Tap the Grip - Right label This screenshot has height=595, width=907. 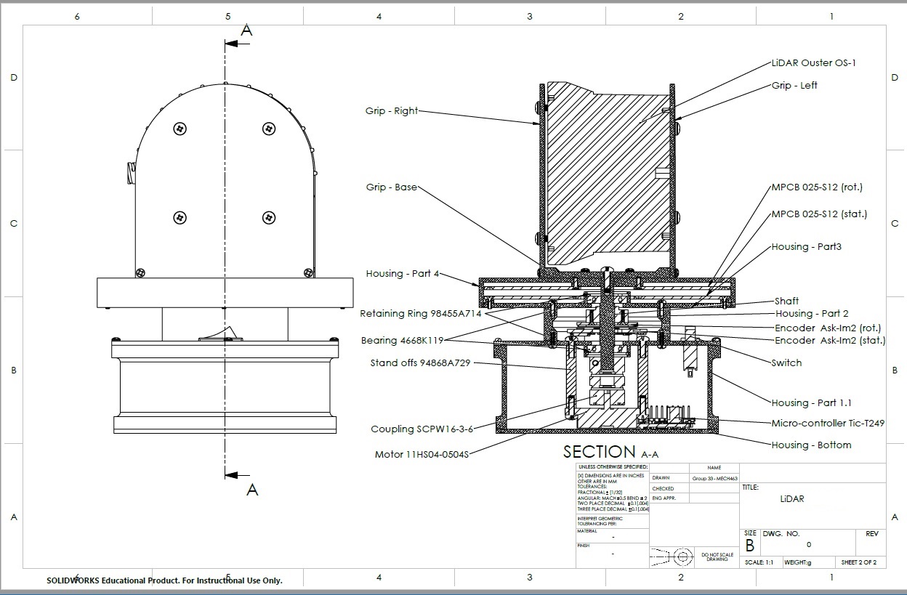(x=392, y=111)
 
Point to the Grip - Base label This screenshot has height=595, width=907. (x=391, y=187)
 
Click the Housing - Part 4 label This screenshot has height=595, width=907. (x=403, y=274)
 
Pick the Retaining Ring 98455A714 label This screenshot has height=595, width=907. (x=420, y=314)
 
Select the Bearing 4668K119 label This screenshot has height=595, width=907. (x=401, y=341)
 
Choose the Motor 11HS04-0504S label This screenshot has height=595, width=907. (x=422, y=455)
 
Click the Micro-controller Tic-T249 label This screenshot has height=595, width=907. (x=828, y=423)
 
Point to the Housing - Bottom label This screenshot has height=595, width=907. (x=811, y=445)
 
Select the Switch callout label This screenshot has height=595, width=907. (x=786, y=363)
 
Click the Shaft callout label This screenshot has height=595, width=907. (x=786, y=301)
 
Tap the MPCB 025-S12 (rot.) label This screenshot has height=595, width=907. (x=817, y=187)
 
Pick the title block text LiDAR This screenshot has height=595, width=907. (x=791, y=499)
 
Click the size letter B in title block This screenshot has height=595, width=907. (x=749, y=545)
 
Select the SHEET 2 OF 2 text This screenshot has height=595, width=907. (x=859, y=562)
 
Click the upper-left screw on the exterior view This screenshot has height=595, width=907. (x=180, y=129)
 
